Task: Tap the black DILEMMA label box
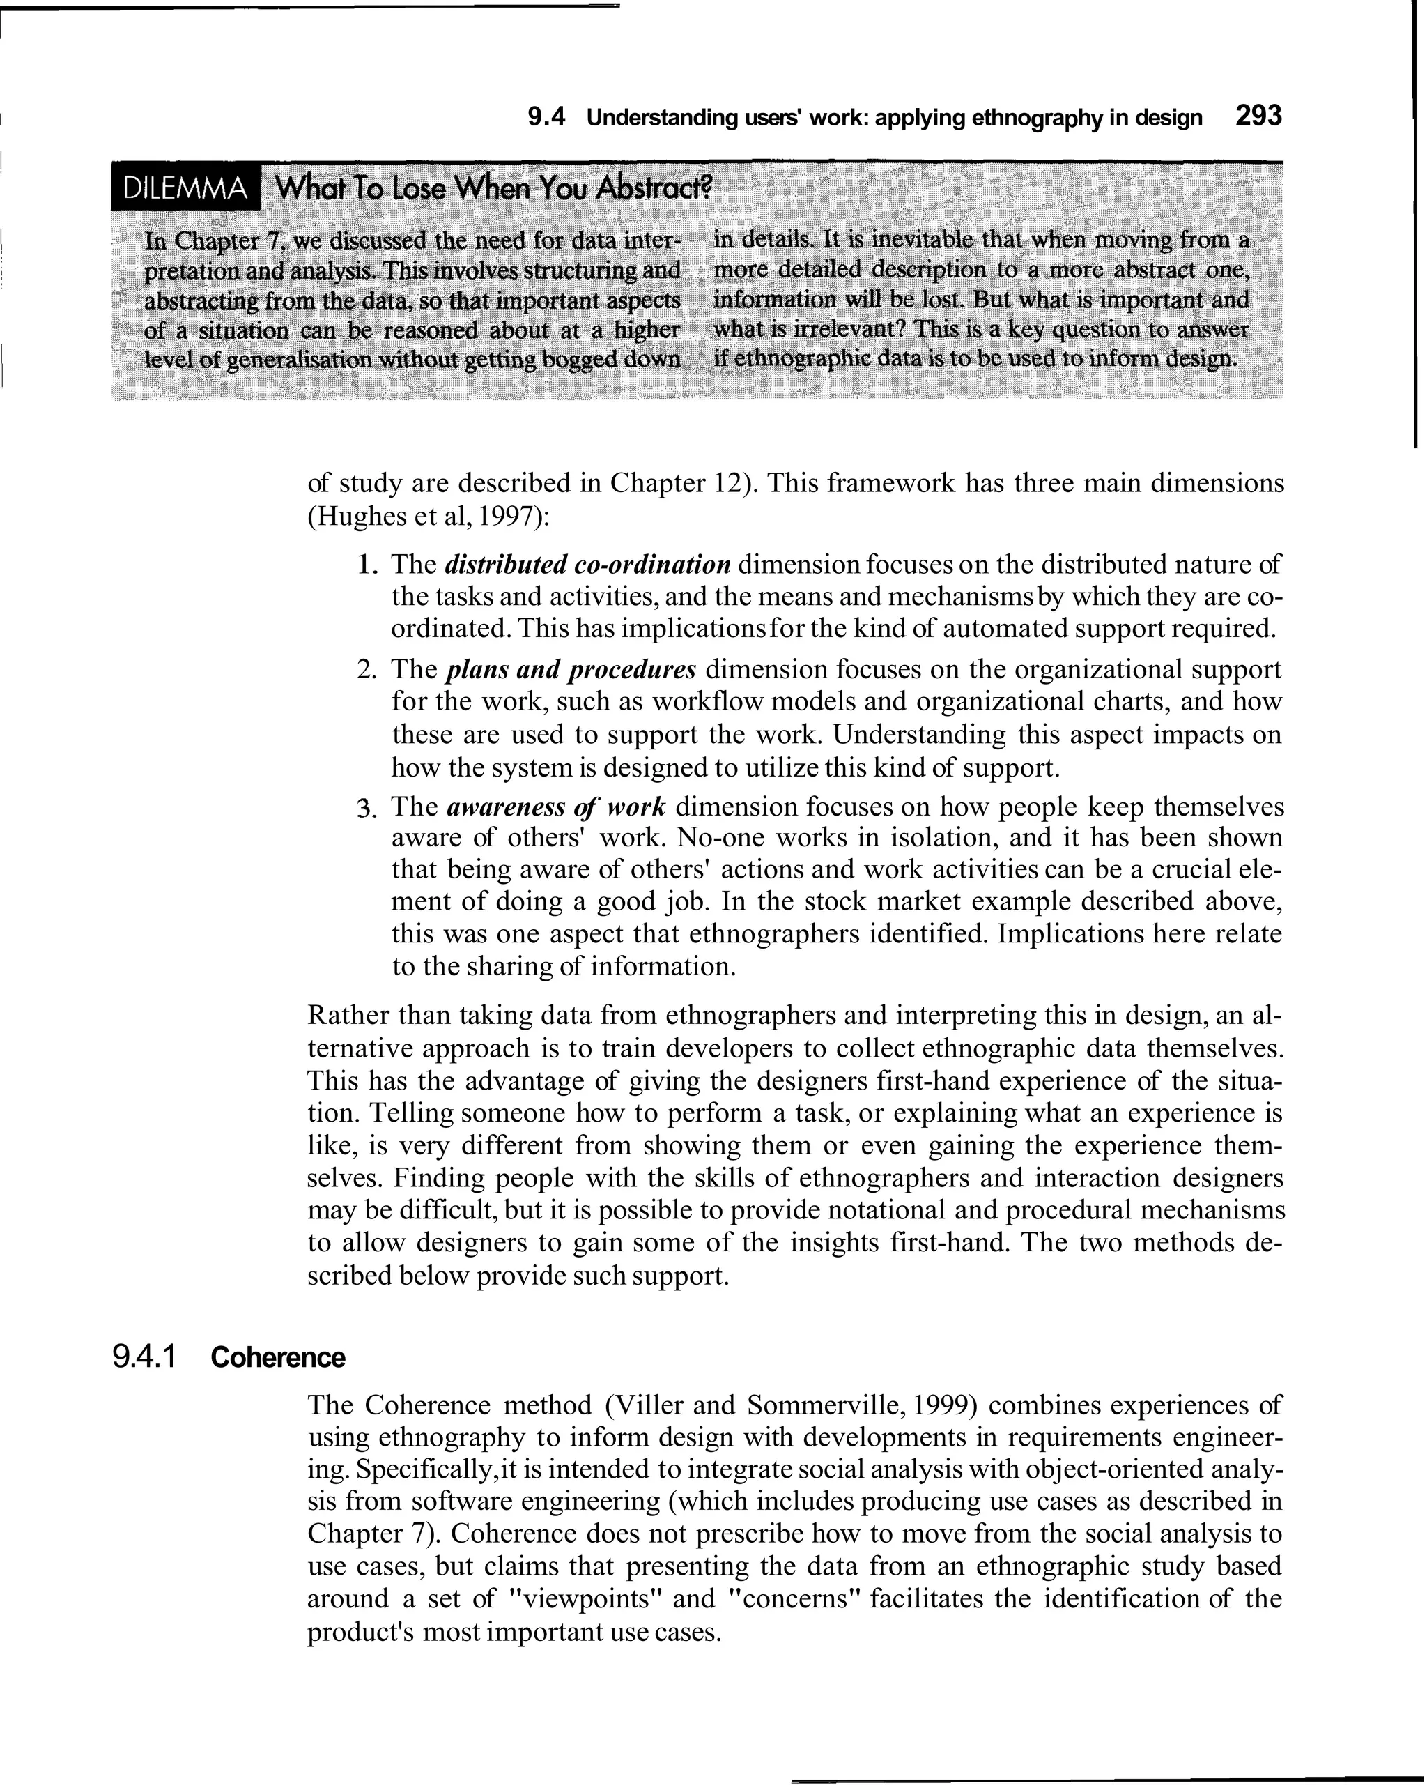click(x=184, y=190)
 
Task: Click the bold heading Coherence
click(x=278, y=1358)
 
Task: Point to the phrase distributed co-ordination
click(x=588, y=565)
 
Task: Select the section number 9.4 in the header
click(x=546, y=118)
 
